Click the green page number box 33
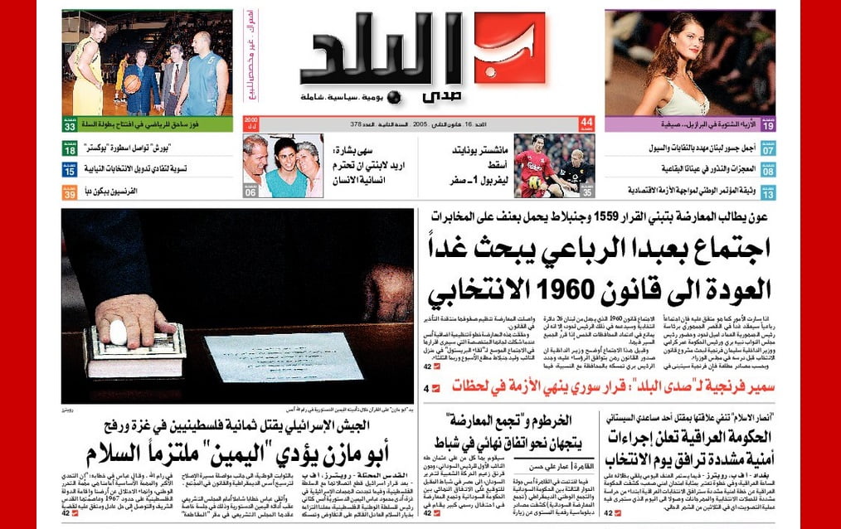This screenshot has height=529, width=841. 70,125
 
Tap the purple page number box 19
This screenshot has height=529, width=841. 768,125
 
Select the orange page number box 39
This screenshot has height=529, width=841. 70,192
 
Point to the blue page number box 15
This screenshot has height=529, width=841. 70,171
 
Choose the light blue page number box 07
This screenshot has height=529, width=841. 768,150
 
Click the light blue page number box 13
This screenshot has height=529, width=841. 768,192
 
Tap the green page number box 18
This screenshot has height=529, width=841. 70,149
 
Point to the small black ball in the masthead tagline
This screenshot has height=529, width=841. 394,97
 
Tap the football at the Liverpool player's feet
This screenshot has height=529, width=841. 532,182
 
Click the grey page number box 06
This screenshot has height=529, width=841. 250,192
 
